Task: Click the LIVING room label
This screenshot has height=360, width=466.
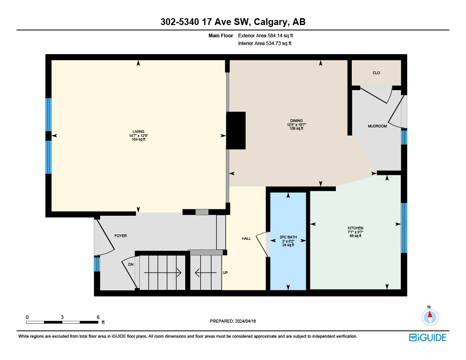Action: pyautogui.click(x=138, y=132)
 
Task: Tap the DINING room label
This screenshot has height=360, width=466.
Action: pyautogui.click(x=296, y=121)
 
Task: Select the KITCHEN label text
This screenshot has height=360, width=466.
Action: pyautogui.click(x=355, y=228)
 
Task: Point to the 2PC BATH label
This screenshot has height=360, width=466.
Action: pyautogui.click(x=288, y=237)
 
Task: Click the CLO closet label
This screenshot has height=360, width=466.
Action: pyautogui.click(x=376, y=73)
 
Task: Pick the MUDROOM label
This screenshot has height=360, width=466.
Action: pyautogui.click(x=377, y=126)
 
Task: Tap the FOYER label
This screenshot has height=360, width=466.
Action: pyautogui.click(x=121, y=236)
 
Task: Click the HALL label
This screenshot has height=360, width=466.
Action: pyautogui.click(x=246, y=238)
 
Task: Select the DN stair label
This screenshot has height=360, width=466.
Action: pyautogui.click(x=131, y=264)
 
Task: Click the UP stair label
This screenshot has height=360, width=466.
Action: pyautogui.click(x=225, y=273)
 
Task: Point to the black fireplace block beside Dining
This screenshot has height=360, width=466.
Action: pyautogui.click(x=236, y=131)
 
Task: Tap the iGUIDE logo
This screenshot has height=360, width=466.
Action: pyautogui.click(x=428, y=337)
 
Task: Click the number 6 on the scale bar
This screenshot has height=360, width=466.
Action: pyautogui.click(x=98, y=317)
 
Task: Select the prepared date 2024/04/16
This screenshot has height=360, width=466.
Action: pyautogui.click(x=245, y=321)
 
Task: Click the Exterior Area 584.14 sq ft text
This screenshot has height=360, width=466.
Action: pyautogui.click(x=265, y=35)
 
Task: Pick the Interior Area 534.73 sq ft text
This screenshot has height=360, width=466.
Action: pyautogui.click(x=264, y=43)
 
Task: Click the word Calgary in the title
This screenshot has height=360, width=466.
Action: pyautogui.click(x=271, y=22)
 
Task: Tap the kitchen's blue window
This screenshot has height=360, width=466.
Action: pyautogui.click(x=404, y=228)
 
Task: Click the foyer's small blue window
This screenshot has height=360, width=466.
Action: pyautogui.click(x=97, y=264)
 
